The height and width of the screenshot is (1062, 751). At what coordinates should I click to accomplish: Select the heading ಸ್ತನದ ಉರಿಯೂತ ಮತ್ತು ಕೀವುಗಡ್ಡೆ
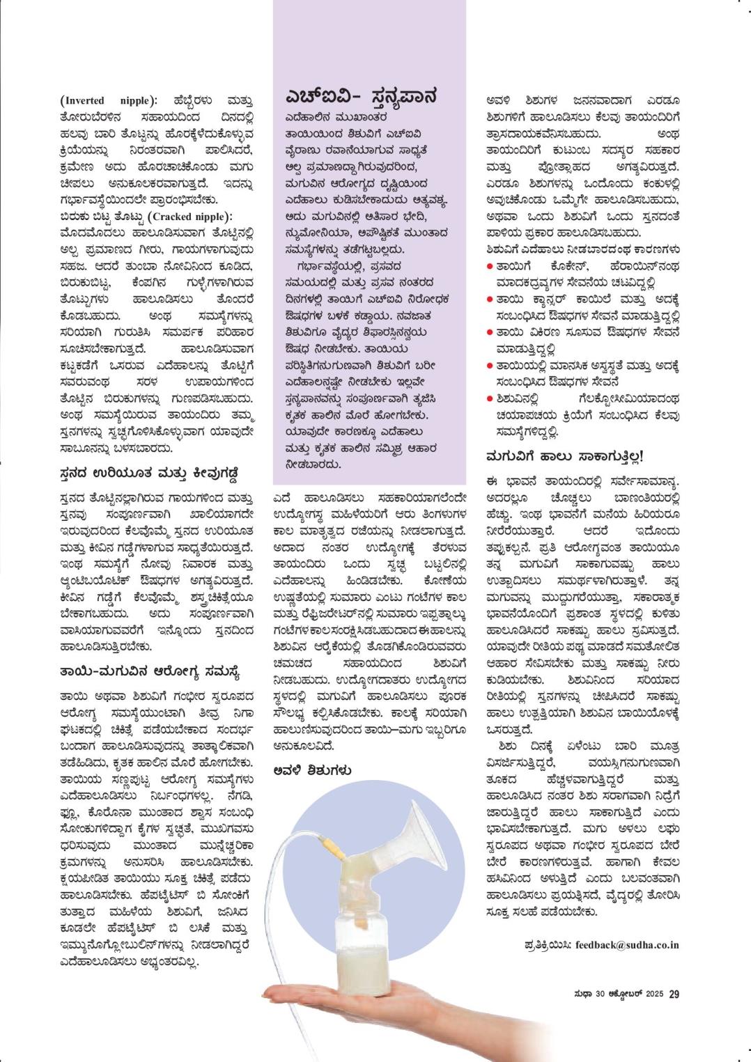tap(150, 474)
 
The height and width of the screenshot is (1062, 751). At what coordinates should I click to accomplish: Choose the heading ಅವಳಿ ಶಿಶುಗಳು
tap(312, 770)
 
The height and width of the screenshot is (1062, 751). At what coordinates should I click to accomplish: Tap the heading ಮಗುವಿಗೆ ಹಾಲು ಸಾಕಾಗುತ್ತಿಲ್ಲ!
tap(564, 457)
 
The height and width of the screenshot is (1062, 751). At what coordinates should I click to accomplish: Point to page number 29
tap(674, 994)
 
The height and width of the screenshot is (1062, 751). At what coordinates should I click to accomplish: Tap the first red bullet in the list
tap(490, 266)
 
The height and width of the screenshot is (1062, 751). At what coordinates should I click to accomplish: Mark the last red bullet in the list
tap(490, 399)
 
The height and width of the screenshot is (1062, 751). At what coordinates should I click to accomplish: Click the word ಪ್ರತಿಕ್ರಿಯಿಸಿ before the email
tap(548, 945)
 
